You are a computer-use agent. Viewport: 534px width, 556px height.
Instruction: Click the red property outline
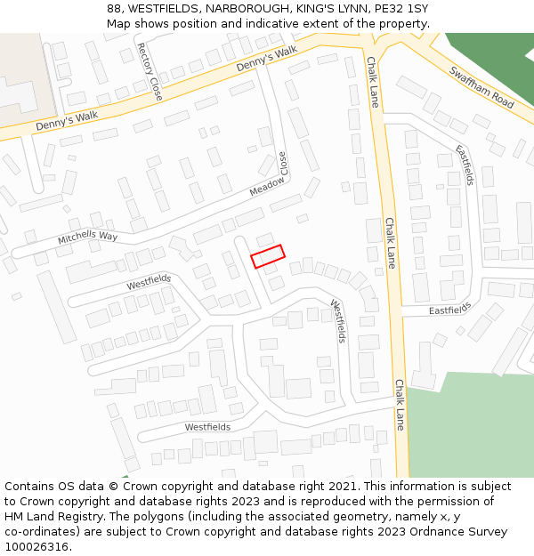(x=268, y=256)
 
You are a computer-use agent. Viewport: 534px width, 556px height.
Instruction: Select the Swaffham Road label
(x=481, y=87)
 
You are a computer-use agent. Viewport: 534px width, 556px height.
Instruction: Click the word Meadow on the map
(x=266, y=187)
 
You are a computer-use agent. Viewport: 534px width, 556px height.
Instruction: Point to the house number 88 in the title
(x=114, y=9)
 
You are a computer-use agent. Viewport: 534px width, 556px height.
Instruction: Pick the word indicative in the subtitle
(x=265, y=24)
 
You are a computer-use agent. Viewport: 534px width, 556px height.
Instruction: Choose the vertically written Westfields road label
(x=337, y=320)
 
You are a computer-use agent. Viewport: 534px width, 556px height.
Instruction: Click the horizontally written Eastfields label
(x=449, y=310)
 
